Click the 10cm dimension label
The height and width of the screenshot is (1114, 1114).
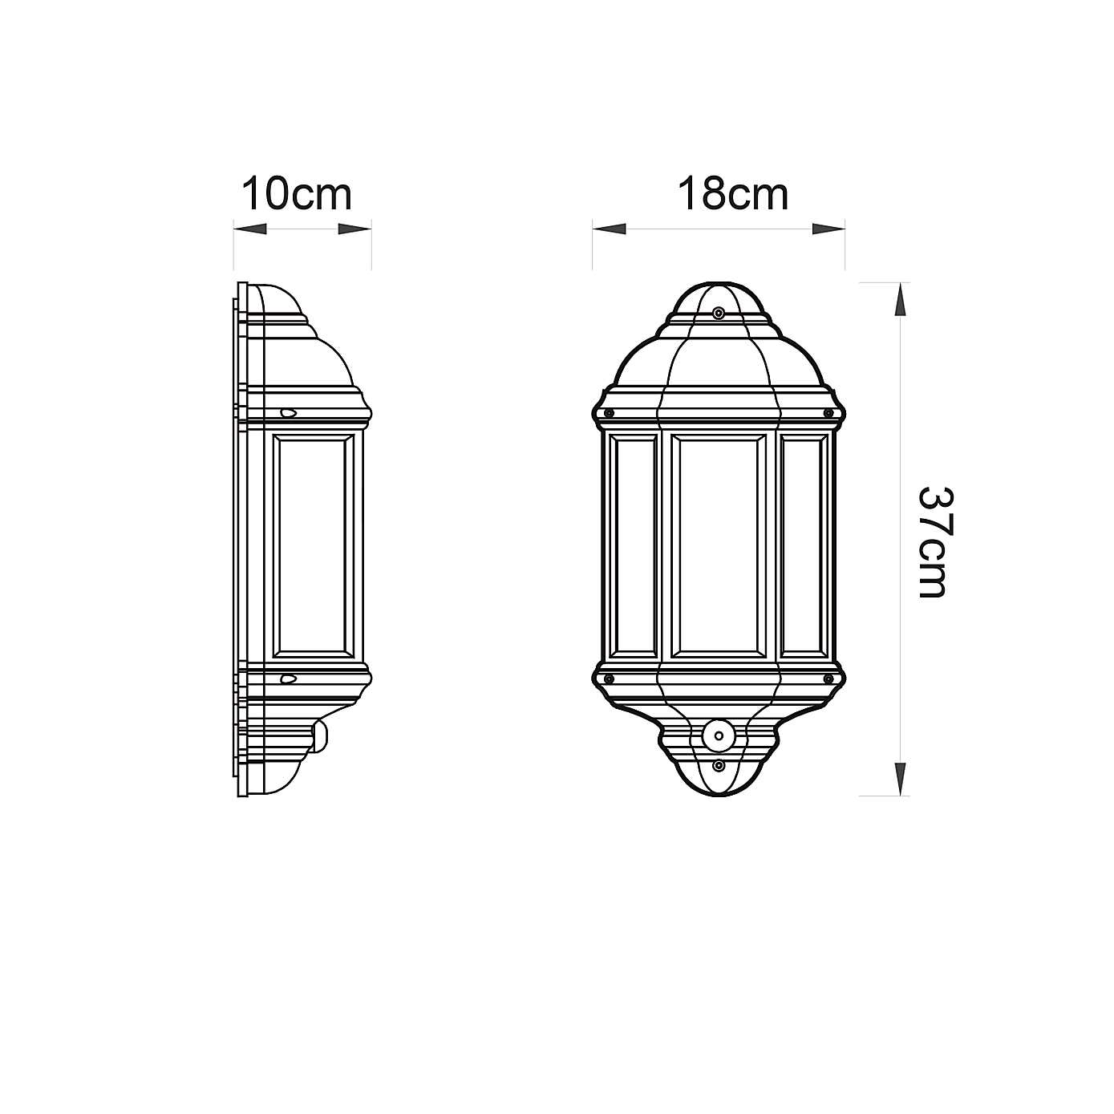coord(297,194)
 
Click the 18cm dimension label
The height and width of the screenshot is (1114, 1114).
coord(733,194)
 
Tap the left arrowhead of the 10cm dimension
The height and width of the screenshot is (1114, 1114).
coord(250,229)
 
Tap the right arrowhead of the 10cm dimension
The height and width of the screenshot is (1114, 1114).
coord(354,229)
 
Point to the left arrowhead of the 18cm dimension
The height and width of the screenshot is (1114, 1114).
coord(610,229)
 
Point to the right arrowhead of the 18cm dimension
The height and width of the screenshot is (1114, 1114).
coord(828,229)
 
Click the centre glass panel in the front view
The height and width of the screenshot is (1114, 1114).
coord(718,545)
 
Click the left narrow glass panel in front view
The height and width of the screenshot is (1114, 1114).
coord(634,545)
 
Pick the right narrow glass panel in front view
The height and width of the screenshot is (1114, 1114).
coord(804,545)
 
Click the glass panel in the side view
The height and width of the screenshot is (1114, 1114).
coord(314,545)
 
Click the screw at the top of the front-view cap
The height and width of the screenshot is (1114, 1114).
coord(719,312)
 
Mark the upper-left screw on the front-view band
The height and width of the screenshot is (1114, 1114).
coord(609,413)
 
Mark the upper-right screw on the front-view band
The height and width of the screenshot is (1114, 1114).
coord(828,413)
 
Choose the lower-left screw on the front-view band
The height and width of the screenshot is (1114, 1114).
coord(609,679)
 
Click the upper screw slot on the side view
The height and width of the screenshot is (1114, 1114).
coord(288,413)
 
